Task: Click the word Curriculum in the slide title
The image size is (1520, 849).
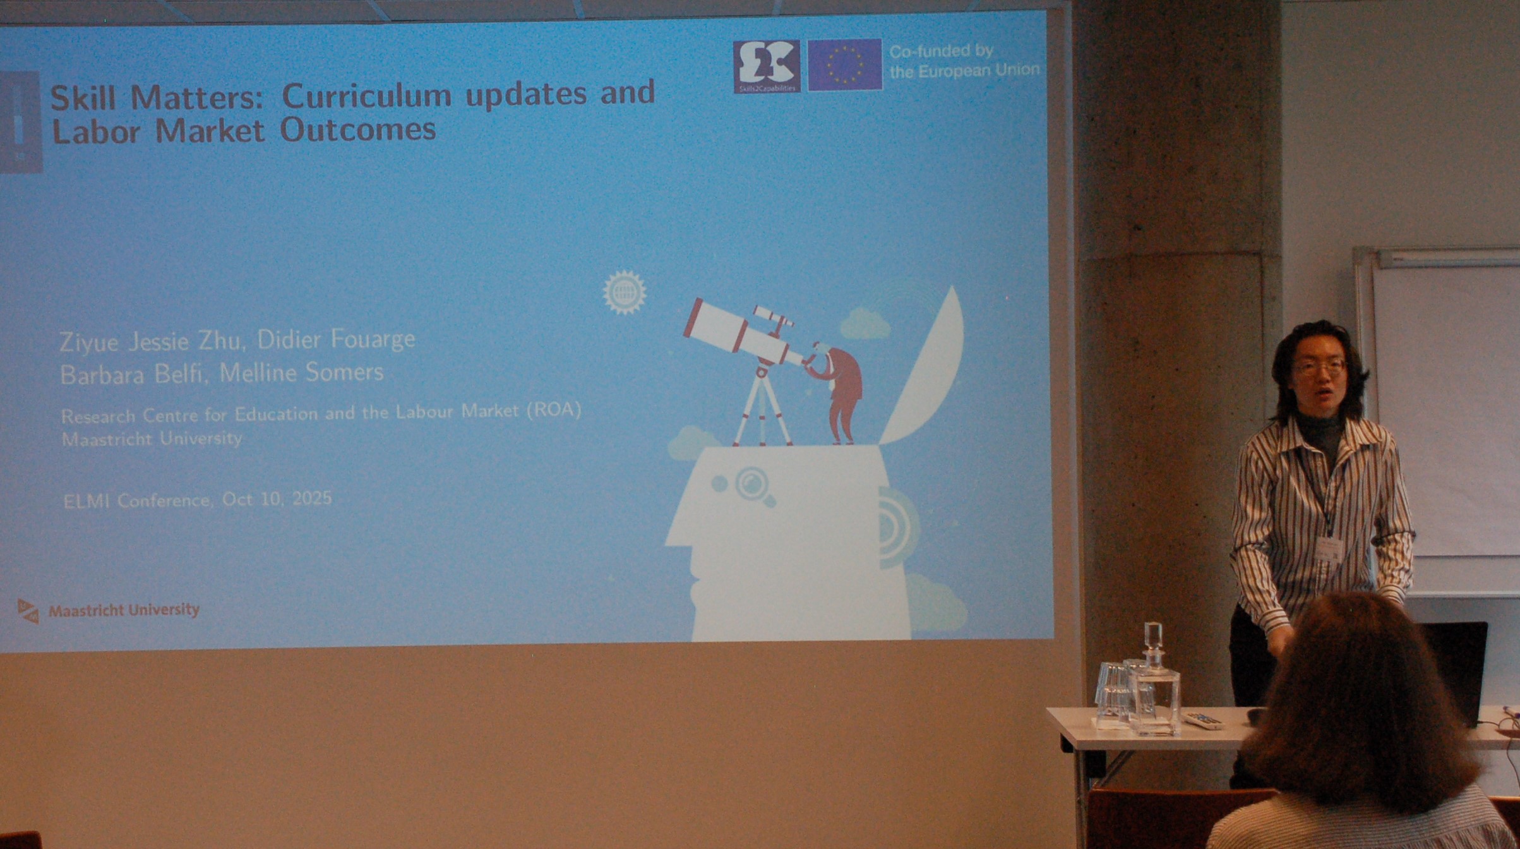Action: click(x=366, y=95)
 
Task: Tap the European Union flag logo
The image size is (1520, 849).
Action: click(x=845, y=64)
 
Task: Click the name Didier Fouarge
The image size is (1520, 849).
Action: click(x=336, y=340)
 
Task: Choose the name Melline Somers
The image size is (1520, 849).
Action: click(x=301, y=372)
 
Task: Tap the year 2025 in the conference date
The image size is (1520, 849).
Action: click(x=312, y=498)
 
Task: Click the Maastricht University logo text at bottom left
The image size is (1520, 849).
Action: click(x=124, y=610)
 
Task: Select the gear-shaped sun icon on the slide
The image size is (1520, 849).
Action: click(x=624, y=292)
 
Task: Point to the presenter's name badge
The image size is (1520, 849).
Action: click(x=1329, y=549)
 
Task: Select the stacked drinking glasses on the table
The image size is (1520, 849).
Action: click(x=1113, y=694)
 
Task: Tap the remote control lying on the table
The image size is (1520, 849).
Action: click(x=1202, y=720)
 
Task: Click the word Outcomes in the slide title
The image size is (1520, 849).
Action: click(x=358, y=129)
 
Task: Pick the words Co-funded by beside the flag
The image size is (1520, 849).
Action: click(x=941, y=51)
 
